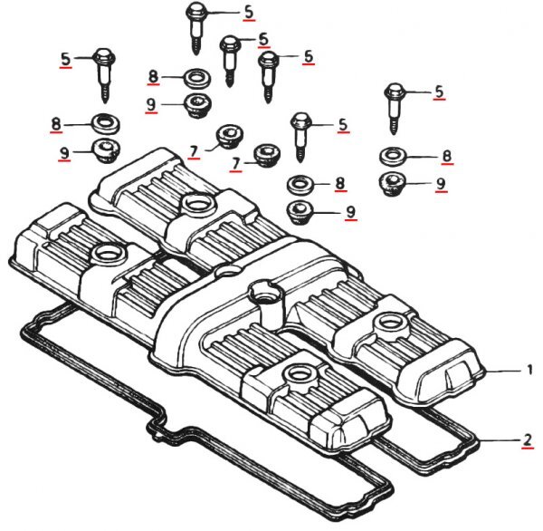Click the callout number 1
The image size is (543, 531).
(x=529, y=370)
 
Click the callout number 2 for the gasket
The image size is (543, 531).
(x=527, y=440)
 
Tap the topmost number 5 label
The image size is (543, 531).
(x=249, y=12)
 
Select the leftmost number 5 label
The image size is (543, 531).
(x=65, y=59)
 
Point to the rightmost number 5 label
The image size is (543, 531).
(x=439, y=92)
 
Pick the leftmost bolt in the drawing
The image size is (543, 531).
(x=105, y=75)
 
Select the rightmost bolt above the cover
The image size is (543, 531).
(x=394, y=109)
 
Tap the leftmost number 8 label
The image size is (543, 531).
(x=56, y=124)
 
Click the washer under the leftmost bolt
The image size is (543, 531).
(x=106, y=124)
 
